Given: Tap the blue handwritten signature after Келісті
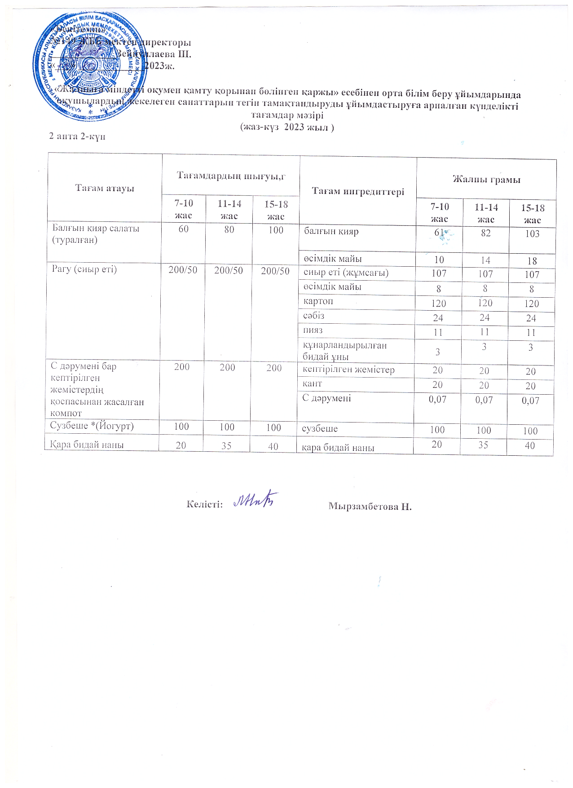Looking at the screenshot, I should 256,499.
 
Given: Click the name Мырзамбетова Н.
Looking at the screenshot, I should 370,506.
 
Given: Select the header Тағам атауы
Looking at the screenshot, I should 105,188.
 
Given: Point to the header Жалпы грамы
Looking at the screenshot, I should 486,180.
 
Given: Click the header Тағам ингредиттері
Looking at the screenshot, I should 358,191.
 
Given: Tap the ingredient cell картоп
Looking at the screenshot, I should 318,301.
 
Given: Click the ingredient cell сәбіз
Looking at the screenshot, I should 314,316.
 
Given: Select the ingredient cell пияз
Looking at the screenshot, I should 313,330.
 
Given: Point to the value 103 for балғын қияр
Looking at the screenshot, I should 532,234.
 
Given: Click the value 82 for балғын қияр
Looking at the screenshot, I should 485,233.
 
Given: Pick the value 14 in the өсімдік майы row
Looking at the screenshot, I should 485,260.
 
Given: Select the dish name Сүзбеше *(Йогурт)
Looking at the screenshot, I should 92,426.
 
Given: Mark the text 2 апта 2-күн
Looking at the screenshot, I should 77,136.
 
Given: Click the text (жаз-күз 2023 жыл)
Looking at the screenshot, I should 287,127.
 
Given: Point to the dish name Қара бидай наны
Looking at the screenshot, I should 87,445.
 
